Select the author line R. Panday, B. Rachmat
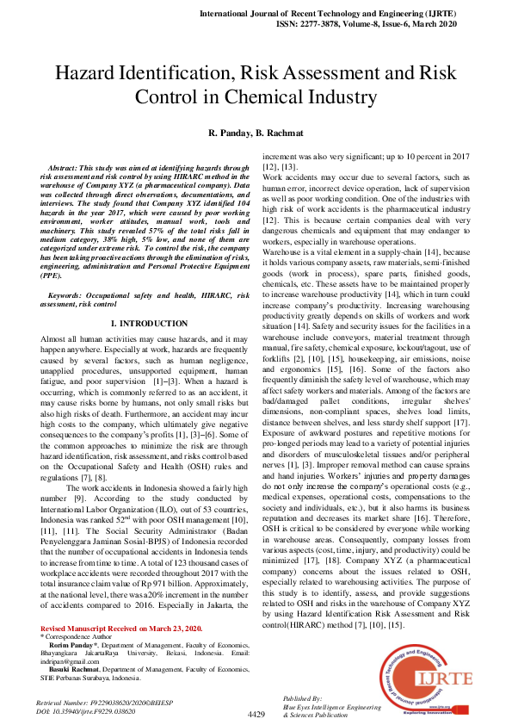256,133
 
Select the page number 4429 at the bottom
256,715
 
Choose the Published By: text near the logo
302,699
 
